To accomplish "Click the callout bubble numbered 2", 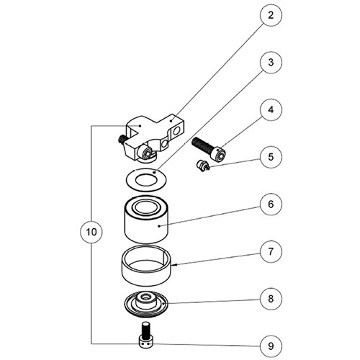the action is [271, 15].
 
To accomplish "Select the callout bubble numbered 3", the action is [271, 63].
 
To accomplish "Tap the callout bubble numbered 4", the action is [271, 109].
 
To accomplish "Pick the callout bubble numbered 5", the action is [271, 157].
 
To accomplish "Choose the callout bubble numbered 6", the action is [271, 204].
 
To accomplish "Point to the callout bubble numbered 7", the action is [271, 251].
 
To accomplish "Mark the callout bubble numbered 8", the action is [271, 299].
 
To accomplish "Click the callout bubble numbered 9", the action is [271, 346].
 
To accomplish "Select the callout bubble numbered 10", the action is [91, 232].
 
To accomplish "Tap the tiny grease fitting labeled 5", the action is [203, 166].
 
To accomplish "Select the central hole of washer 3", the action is [146, 180].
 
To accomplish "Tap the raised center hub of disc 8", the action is [145, 300].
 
